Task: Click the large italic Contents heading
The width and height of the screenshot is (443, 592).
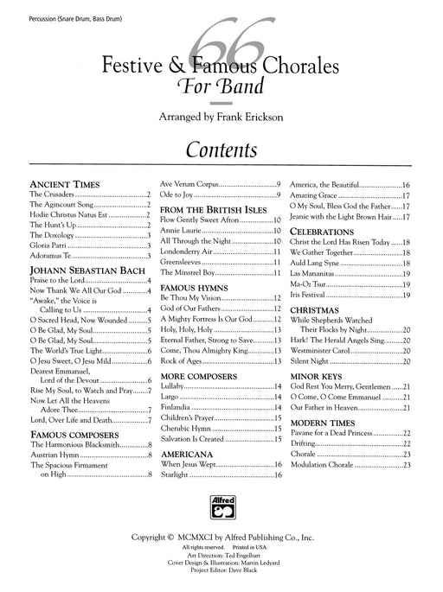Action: click(221, 149)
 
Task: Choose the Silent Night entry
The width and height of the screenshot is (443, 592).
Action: click(315, 363)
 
